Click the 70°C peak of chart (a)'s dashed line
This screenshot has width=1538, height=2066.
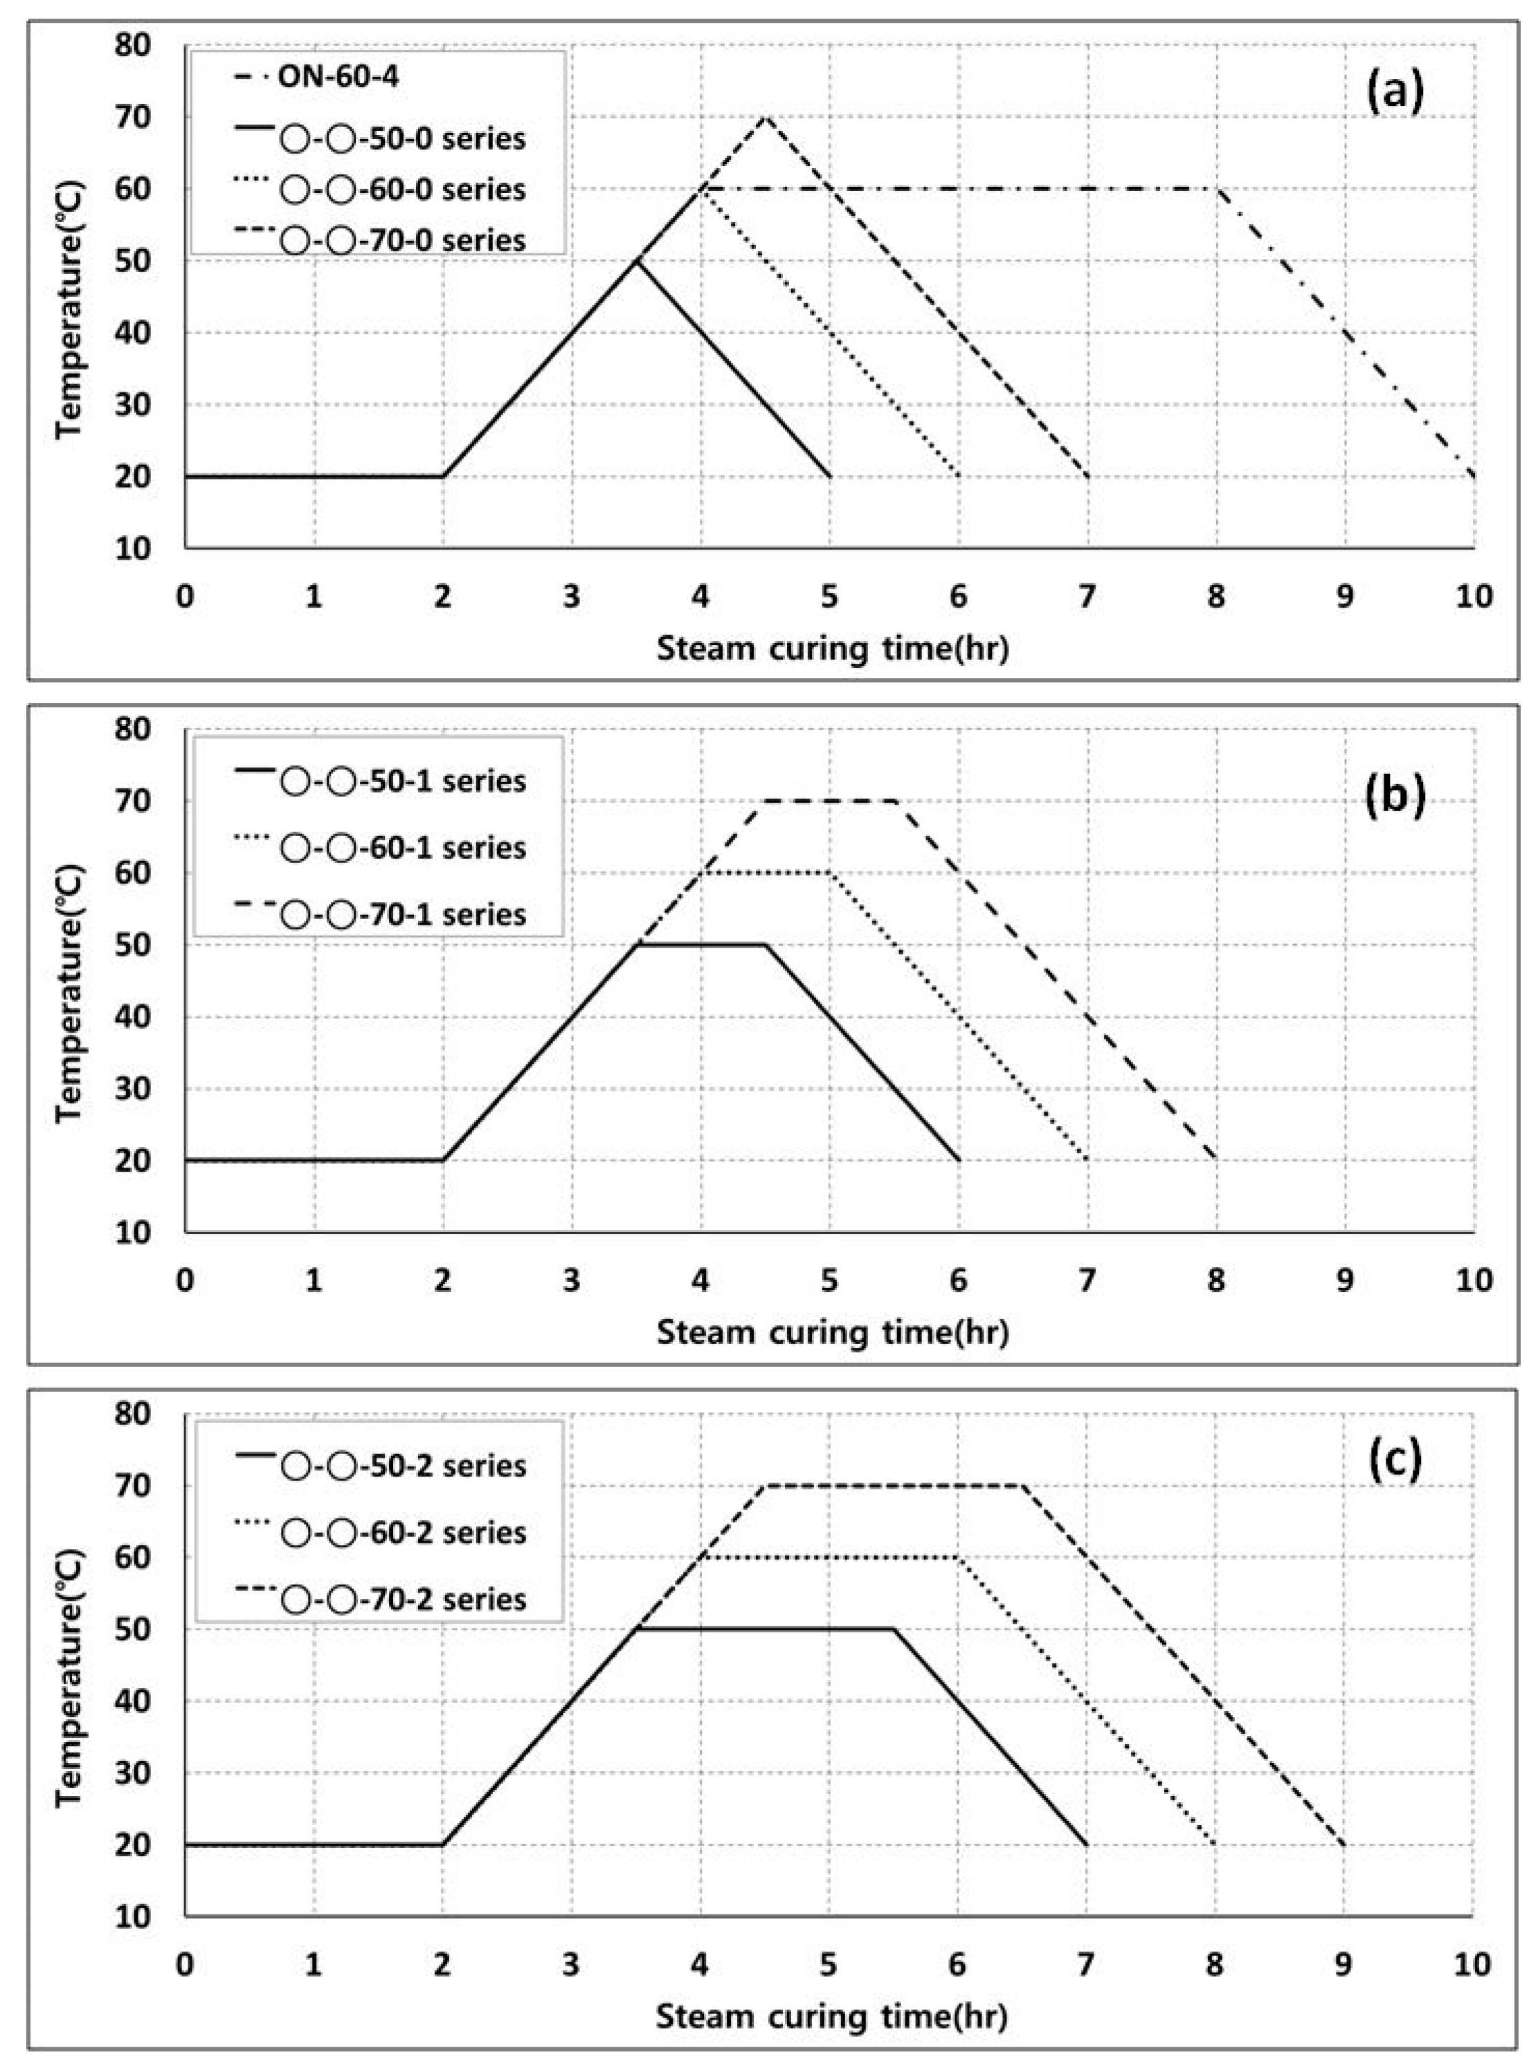(x=766, y=117)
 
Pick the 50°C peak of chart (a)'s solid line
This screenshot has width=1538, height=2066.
(x=637, y=261)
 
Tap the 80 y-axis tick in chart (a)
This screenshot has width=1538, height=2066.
(x=133, y=45)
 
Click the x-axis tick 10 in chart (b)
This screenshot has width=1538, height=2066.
(x=1474, y=1280)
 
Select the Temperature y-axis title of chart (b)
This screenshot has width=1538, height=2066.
(x=69, y=995)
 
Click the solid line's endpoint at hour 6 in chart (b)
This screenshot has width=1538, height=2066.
(x=959, y=1160)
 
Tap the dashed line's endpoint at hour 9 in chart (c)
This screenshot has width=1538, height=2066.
(x=1344, y=1845)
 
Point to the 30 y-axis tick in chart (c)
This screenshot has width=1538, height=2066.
(x=133, y=1773)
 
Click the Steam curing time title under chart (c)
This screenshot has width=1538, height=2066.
(x=832, y=2017)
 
